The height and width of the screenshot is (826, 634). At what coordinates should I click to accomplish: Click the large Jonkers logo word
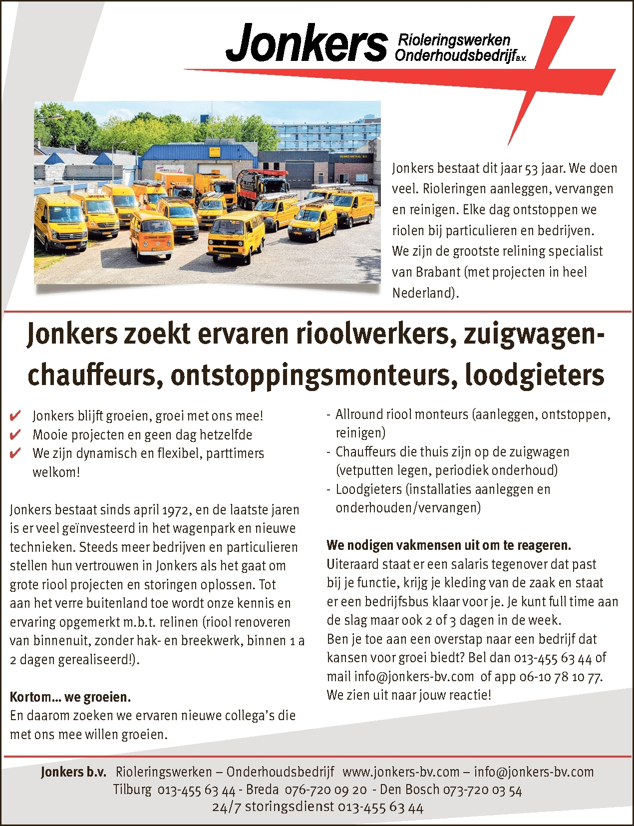(x=307, y=44)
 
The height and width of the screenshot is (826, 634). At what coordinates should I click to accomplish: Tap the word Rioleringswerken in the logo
(x=453, y=40)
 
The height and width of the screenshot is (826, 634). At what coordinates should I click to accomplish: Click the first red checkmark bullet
(x=15, y=415)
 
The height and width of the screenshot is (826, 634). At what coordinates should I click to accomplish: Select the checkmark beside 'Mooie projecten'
(x=15, y=434)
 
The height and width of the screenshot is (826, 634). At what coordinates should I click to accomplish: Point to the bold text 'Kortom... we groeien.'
(x=70, y=697)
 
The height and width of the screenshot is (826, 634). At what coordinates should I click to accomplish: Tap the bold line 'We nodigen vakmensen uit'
(x=449, y=545)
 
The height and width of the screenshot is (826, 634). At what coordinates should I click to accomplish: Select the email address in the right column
(x=414, y=677)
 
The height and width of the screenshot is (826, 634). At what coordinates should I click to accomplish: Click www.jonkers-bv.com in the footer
(x=401, y=772)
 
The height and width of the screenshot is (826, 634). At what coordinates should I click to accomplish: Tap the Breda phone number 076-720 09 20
(x=325, y=790)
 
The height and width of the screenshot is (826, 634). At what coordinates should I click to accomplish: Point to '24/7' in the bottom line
(x=226, y=808)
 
